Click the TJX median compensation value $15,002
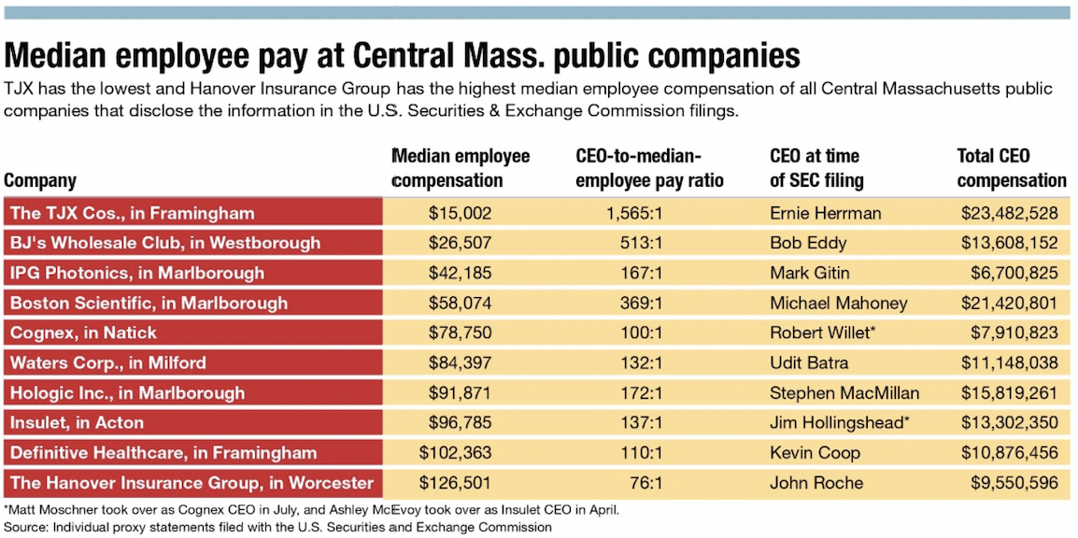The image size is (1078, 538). [460, 213]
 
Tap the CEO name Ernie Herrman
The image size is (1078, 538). [825, 213]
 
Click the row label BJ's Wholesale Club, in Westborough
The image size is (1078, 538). [165, 243]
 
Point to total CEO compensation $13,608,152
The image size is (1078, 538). [1009, 243]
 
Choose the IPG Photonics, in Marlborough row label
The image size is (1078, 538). [137, 273]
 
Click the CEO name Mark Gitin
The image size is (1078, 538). [809, 273]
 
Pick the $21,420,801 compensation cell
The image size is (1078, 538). [1009, 303]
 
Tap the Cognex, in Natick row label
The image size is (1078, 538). [84, 333]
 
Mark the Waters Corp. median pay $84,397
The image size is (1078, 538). [460, 362]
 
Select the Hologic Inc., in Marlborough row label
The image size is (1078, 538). [128, 392]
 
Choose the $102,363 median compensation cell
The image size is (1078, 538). [455, 452]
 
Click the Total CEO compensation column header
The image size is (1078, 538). [1011, 168]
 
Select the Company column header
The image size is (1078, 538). [40, 180]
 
